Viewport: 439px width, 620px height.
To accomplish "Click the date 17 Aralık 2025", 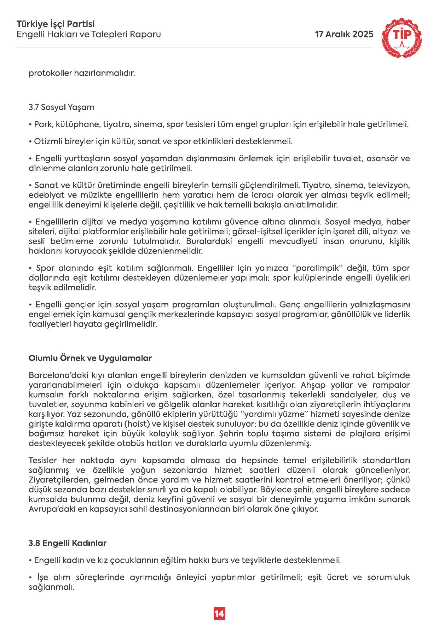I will (344, 34).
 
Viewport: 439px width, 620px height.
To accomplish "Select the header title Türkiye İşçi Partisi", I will (56, 25).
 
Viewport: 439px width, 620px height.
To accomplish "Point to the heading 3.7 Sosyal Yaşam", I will (61, 107).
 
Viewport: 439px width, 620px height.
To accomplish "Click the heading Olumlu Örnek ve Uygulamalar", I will (90, 358).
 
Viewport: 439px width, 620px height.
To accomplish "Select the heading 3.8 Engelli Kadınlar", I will (67, 543).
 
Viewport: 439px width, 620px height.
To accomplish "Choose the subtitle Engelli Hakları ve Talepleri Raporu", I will (89, 35).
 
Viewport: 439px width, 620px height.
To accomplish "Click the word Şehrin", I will (230, 434).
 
